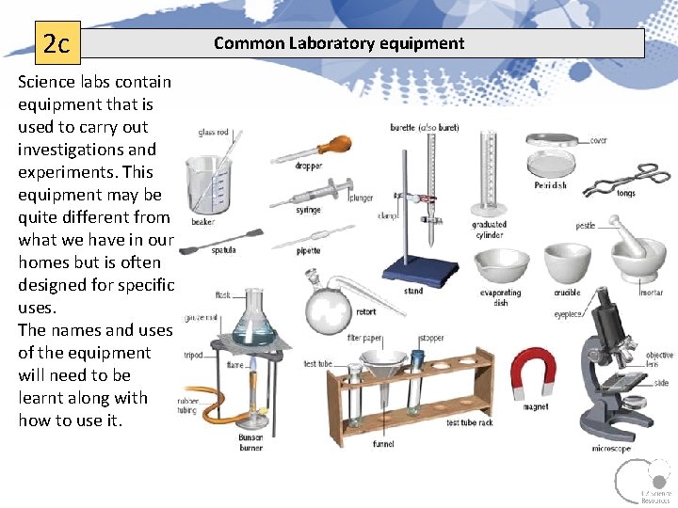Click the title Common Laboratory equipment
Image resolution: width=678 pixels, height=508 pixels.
pyautogui.click(x=338, y=43)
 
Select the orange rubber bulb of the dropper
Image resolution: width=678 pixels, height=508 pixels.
pyautogui.click(x=331, y=147)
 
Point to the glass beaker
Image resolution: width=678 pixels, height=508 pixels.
pyautogui.click(x=208, y=183)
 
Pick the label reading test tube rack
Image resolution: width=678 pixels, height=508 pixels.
pyautogui.click(x=469, y=422)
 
